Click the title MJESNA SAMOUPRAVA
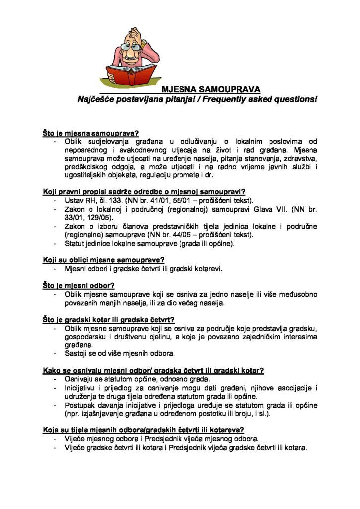coord(210,90)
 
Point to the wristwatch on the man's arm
coord(143,44)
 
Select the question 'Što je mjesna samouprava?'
coord(90,134)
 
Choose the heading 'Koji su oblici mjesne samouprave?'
coord(103,260)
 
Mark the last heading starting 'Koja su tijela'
coord(142,430)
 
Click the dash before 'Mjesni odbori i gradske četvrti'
coord(55,269)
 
